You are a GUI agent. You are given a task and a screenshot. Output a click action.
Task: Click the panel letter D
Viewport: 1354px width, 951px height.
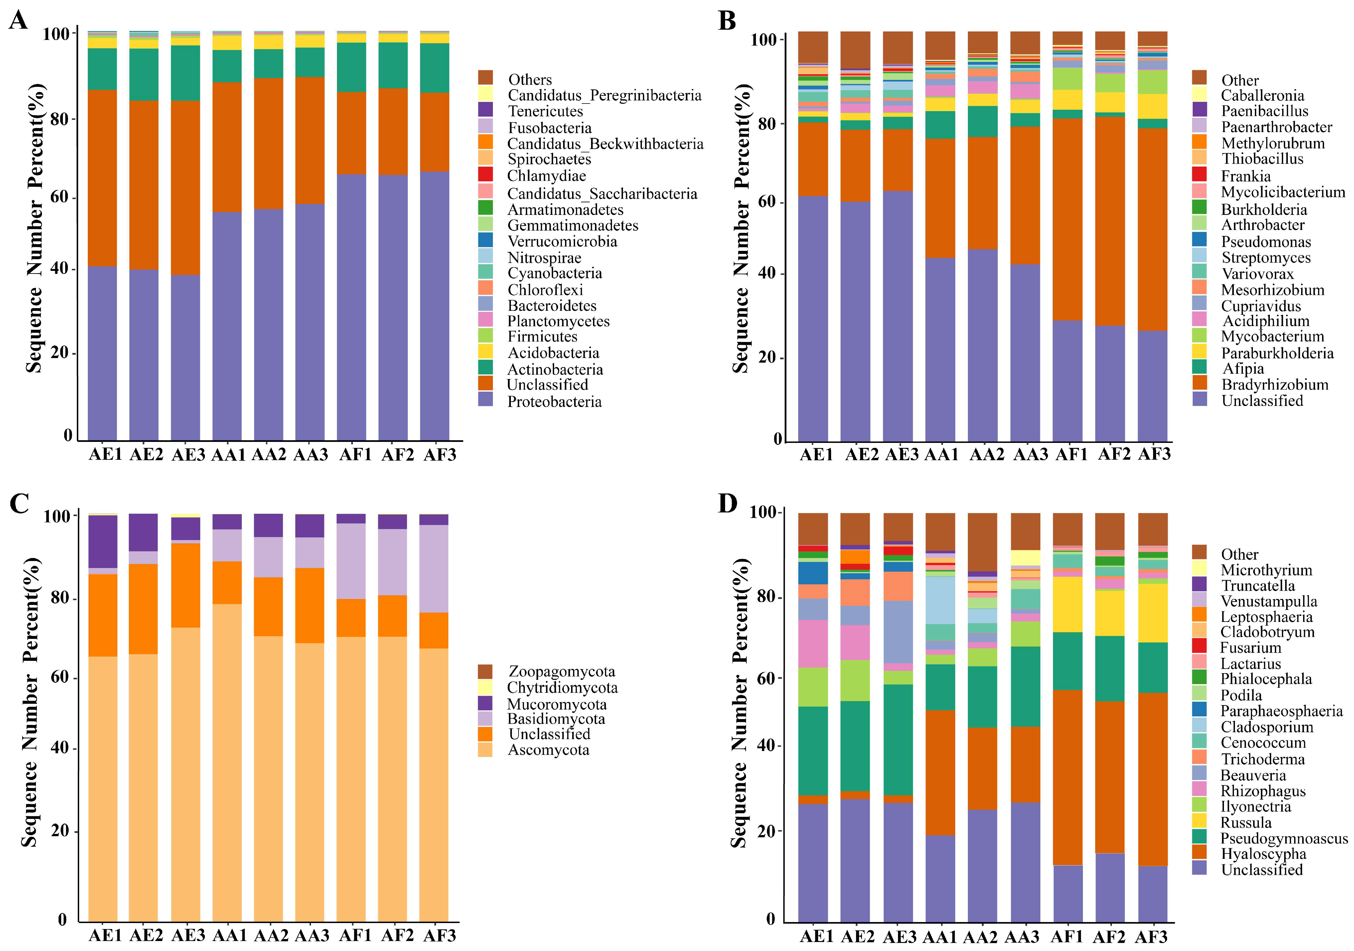[727, 503]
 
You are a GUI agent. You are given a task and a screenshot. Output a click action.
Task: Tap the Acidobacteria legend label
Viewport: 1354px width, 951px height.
[553, 353]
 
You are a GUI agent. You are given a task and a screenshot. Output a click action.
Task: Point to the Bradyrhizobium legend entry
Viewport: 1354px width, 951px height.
[1274, 385]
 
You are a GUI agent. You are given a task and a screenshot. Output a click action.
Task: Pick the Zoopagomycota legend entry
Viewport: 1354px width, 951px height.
[561, 671]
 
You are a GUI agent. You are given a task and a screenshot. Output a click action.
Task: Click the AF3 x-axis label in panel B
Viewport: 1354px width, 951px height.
[1153, 454]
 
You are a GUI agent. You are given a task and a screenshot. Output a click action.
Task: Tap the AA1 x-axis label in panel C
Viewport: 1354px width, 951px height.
[229, 936]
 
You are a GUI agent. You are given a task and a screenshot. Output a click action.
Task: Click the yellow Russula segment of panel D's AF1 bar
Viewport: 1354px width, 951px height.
[1067, 604]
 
